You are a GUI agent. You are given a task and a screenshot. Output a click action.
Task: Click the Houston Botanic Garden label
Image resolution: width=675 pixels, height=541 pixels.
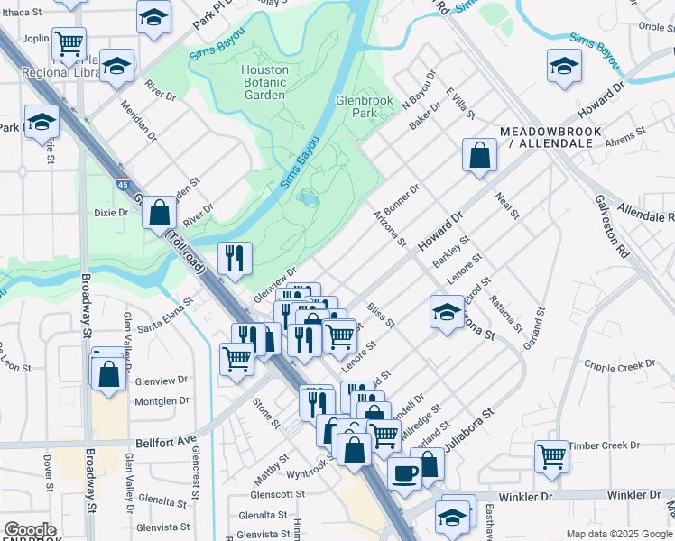pos(264,82)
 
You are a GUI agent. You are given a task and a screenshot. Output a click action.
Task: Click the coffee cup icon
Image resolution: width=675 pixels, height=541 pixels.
pos(404,472)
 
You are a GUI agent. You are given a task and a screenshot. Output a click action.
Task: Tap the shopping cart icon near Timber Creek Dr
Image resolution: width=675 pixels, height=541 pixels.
pos(551,455)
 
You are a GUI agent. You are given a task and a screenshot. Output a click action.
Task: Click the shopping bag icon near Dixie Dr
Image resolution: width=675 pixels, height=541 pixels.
pos(160,213)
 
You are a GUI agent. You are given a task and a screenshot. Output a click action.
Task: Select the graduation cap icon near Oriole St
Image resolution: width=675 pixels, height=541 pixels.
pos(564,65)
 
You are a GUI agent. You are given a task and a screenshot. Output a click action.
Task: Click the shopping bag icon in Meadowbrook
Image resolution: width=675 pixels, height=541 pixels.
pos(479,154)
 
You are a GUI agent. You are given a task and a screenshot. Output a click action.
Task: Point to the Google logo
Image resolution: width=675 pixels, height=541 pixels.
pos(30,530)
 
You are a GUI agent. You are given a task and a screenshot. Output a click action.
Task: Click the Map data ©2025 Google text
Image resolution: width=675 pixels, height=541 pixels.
pos(618,534)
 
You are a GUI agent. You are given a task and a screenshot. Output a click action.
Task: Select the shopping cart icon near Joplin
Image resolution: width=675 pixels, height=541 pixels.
pos(69,41)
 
